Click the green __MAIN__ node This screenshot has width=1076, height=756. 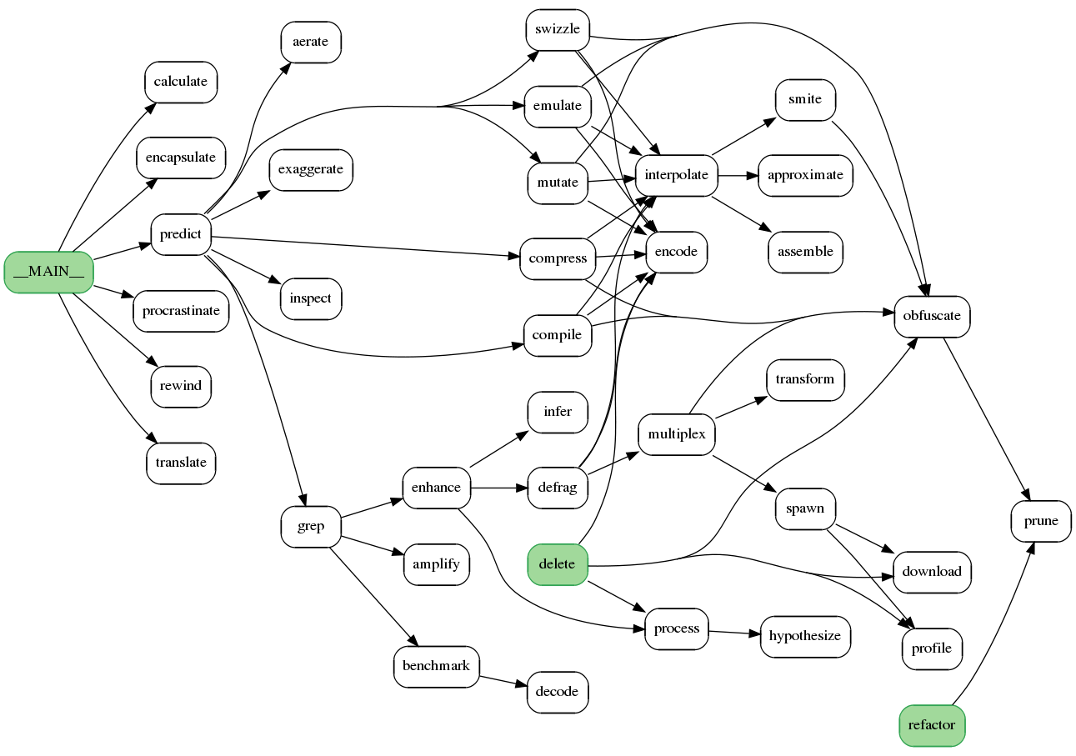click(x=48, y=272)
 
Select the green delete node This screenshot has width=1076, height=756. click(x=557, y=564)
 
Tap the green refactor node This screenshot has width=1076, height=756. click(x=932, y=725)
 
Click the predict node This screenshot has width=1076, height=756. click(x=180, y=234)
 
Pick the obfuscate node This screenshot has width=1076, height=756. click(x=932, y=317)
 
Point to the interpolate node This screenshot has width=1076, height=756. click(x=676, y=176)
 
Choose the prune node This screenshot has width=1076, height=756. click(x=1041, y=522)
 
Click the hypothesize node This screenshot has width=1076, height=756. click(x=804, y=637)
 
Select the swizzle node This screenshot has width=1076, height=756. click(x=558, y=30)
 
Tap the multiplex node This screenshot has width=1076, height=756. click(x=676, y=434)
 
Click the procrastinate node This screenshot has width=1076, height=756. click(x=181, y=312)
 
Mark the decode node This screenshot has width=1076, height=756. click(x=558, y=692)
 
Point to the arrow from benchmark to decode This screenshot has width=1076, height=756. click(x=503, y=680)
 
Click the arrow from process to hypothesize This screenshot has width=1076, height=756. click(x=734, y=633)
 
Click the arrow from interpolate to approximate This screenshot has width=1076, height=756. click(x=738, y=176)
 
